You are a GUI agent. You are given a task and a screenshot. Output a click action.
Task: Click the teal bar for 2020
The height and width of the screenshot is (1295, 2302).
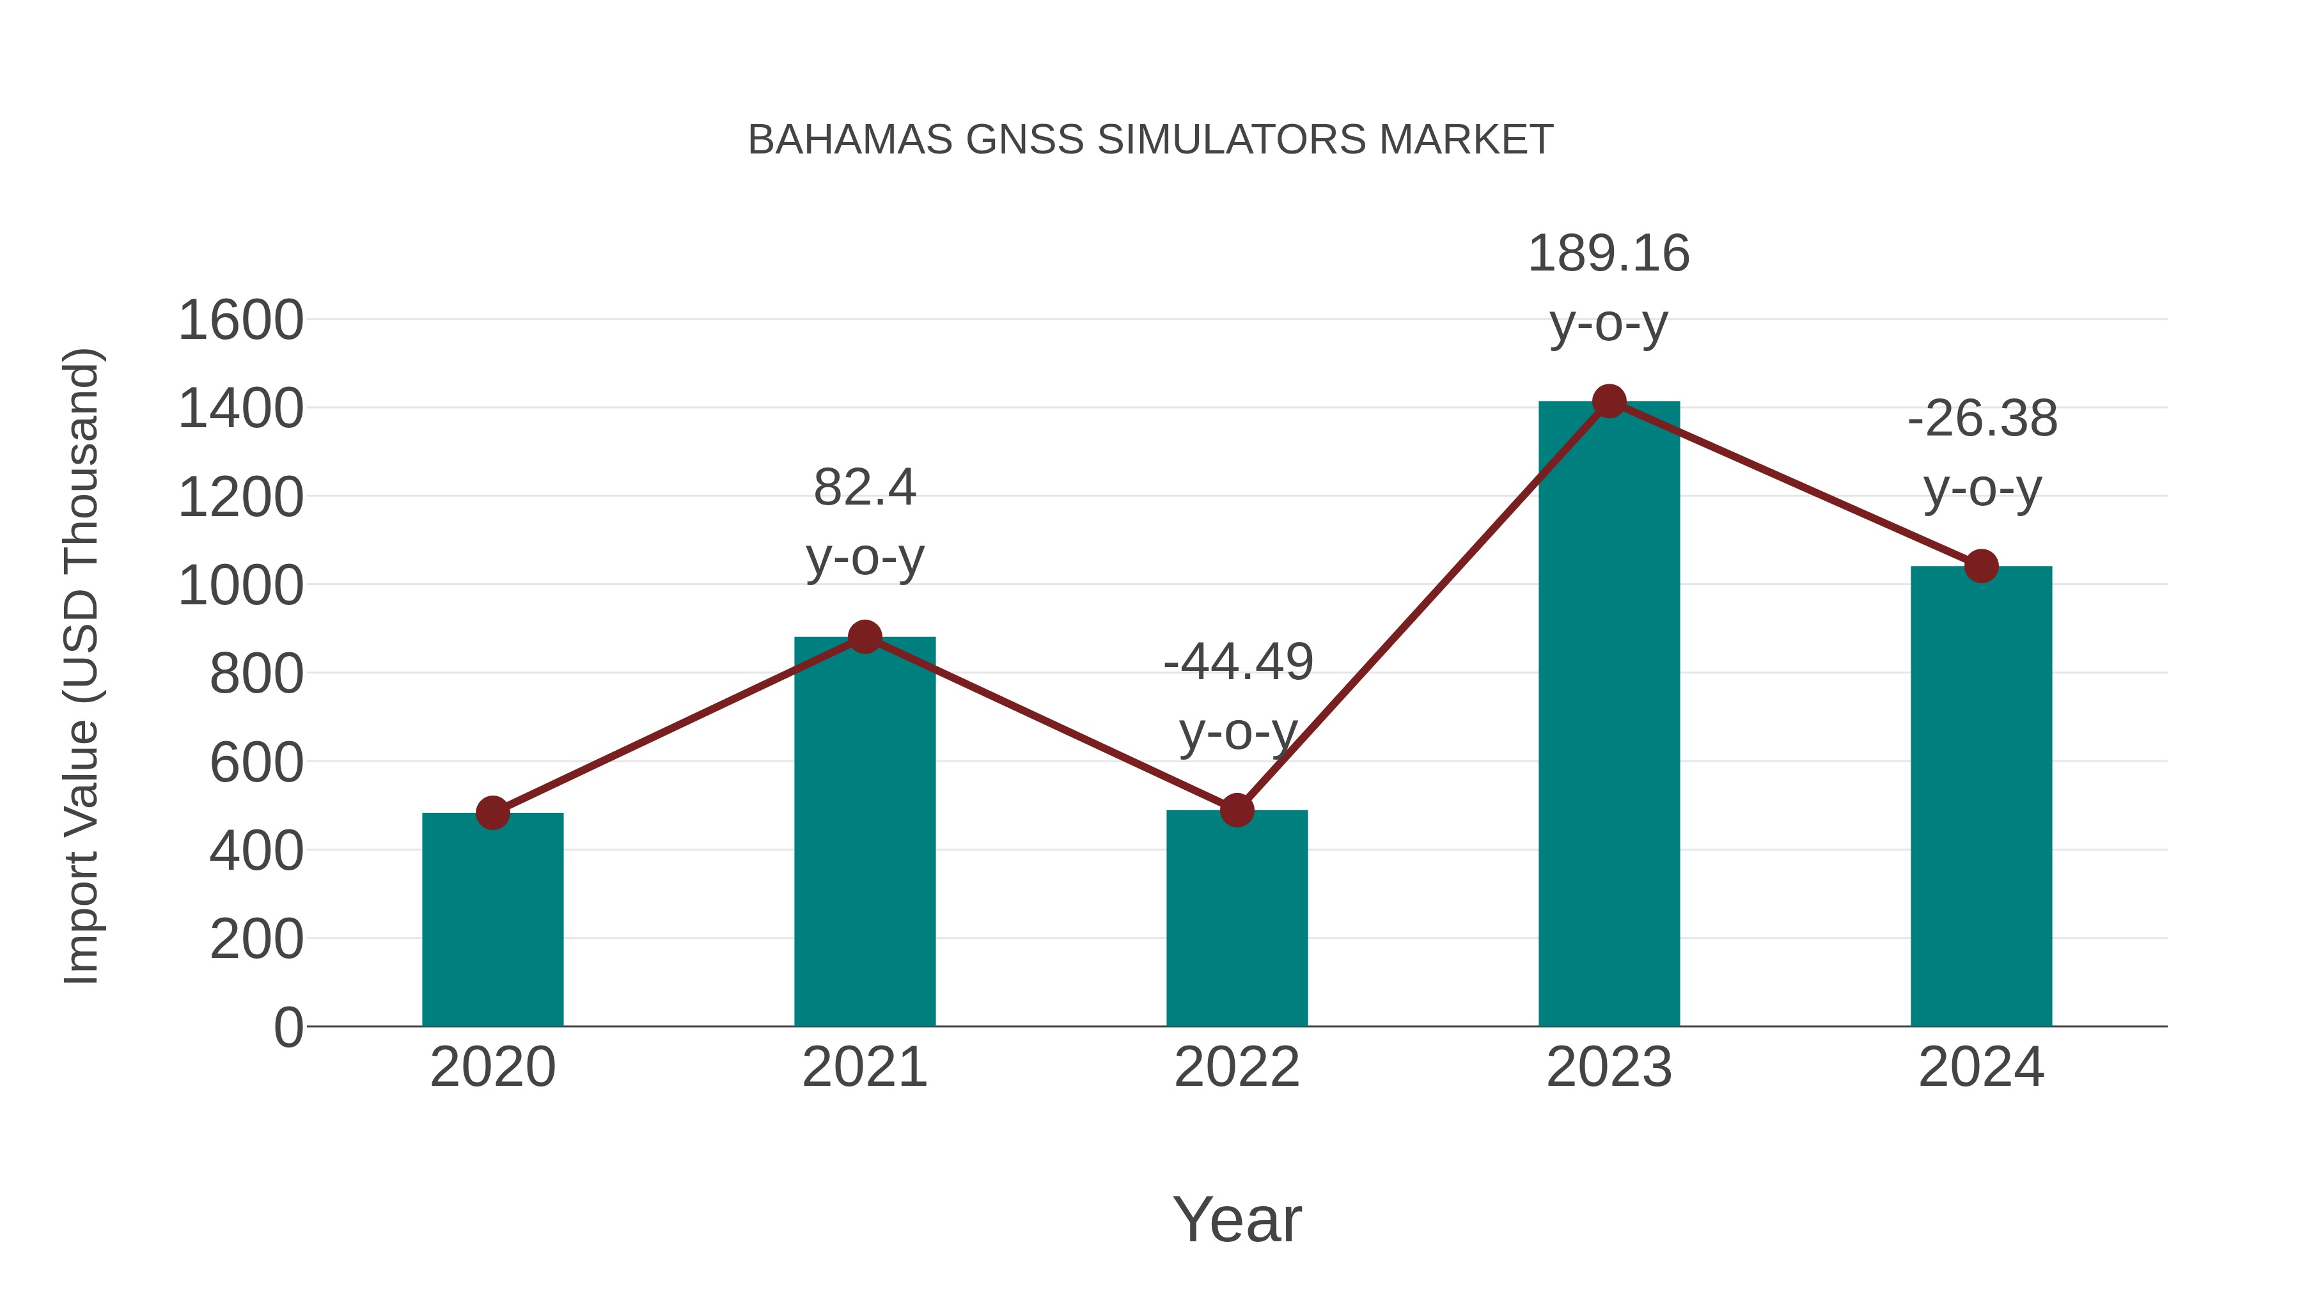(492, 920)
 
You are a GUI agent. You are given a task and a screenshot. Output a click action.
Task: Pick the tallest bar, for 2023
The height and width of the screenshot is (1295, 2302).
(1609, 714)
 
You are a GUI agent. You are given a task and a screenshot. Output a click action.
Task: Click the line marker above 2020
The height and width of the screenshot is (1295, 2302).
(492, 813)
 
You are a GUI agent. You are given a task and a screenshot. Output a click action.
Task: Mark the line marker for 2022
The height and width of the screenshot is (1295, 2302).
(1236, 811)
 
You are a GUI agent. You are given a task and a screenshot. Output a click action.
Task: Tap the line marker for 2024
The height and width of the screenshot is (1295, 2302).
(1980, 566)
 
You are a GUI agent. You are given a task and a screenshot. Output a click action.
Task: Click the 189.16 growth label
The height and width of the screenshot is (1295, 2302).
(1609, 254)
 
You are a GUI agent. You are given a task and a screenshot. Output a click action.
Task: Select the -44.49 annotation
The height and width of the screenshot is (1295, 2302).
(1238, 663)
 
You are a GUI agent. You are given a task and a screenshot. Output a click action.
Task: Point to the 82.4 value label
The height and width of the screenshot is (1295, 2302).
(864, 488)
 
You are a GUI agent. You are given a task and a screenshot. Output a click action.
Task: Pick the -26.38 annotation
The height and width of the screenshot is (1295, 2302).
(1982, 419)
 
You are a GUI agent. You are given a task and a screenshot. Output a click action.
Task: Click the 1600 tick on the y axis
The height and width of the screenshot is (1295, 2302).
(240, 321)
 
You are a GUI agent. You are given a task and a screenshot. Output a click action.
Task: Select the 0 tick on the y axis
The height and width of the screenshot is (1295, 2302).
(288, 1028)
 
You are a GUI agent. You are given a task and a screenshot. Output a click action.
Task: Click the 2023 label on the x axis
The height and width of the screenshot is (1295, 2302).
(1609, 1068)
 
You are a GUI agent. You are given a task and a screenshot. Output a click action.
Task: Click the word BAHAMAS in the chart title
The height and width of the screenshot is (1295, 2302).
(850, 140)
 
